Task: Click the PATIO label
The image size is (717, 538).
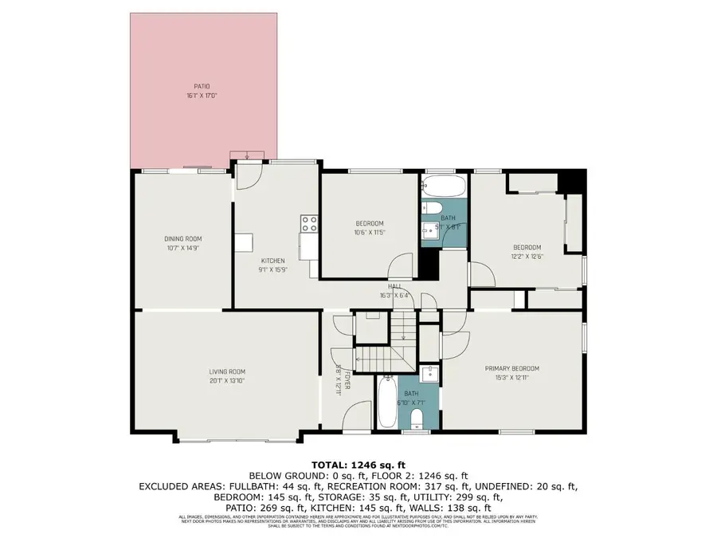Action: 202,86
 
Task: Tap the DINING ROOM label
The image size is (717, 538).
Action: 183,238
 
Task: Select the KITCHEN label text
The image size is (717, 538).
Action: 273,261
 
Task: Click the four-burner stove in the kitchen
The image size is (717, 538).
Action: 308,223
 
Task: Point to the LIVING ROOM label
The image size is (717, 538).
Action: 227,371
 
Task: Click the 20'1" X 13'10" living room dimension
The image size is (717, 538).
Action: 227,380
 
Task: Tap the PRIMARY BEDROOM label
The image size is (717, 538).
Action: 512,368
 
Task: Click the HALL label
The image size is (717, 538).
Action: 394,286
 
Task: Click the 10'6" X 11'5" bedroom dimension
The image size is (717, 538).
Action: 369,232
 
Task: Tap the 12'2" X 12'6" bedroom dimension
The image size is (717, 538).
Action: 527,256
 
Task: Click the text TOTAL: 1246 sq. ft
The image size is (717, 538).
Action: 358,464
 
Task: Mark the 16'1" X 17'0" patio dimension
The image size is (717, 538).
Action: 202,95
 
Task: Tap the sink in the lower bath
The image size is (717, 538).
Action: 430,375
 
